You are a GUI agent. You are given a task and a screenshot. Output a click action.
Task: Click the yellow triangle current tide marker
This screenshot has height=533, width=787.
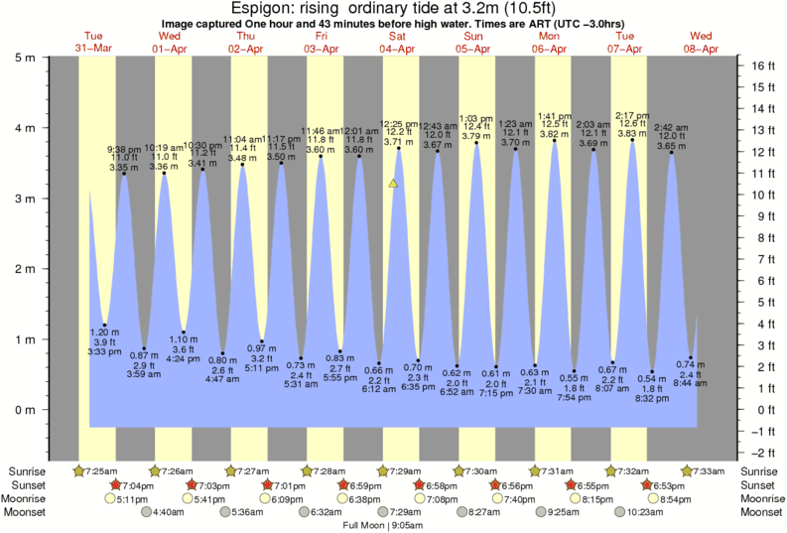(x=394, y=183)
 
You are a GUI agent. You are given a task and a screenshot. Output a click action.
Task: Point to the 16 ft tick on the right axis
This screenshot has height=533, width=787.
(x=760, y=67)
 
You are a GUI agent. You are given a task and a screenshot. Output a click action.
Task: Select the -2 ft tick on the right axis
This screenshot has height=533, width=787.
(x=760, y=453)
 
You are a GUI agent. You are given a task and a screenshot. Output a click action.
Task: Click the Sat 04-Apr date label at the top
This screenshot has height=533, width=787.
(x=397, y=43)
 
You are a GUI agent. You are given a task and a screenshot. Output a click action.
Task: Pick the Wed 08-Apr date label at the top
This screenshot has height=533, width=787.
(x=702, y=43)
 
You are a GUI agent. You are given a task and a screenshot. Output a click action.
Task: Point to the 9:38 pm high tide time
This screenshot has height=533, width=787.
(x=124, y=149)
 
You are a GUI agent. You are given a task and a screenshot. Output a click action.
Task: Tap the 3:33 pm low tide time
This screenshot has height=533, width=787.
(x=104, y=352)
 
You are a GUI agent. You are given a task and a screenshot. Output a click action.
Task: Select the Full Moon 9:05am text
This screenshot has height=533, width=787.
(x=382, y=524)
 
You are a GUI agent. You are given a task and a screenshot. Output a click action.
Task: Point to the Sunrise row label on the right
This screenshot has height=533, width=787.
(x=761, y=469)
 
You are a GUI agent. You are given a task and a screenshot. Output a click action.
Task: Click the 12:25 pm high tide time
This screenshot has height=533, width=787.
(x=398, y=124)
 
